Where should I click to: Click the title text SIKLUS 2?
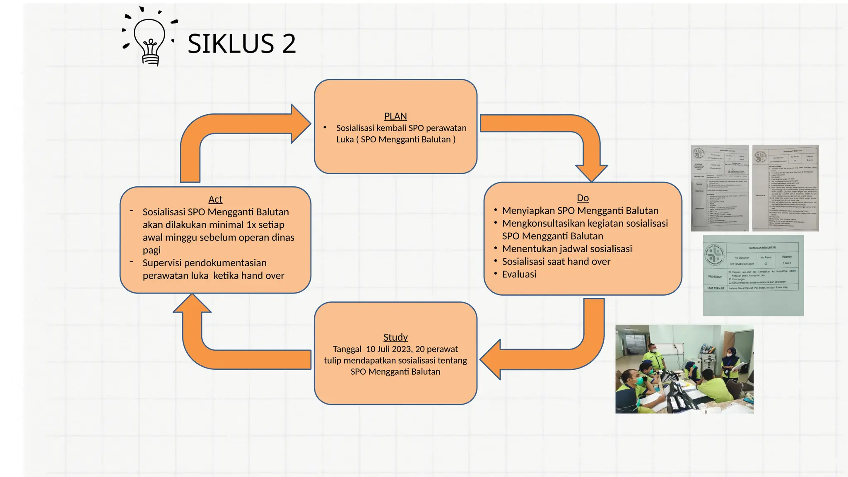coord(241,43)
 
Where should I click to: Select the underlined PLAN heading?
coord(395,116)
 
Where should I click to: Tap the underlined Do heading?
coord(583,198)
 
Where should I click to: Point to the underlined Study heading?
coord(395,337)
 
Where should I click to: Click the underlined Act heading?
coord(215,199)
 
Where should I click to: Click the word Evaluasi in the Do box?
coord(519,274)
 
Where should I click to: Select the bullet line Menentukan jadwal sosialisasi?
coord(567,249)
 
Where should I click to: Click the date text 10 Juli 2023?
coord(389,349)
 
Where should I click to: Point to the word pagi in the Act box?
coord(152,250)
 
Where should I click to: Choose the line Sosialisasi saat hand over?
coord(556,262)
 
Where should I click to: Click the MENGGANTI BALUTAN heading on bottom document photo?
coord(762,248)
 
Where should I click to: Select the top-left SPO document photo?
coord(720,188)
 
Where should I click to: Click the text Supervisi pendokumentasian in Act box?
coord(205,263)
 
